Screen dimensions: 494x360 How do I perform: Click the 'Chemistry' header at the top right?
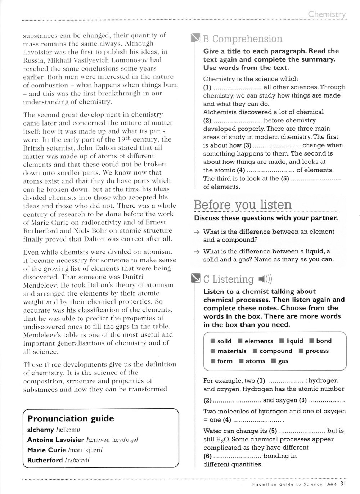327,14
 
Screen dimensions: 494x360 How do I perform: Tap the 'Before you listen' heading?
243,205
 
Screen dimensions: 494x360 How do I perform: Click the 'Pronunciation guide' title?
71,418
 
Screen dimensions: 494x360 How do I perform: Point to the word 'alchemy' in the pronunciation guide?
40,430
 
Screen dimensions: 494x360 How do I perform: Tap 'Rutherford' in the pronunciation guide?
45,460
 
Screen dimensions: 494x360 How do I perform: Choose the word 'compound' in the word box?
276,351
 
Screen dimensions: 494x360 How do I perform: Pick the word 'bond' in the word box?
324,341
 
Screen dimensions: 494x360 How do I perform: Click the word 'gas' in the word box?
283,361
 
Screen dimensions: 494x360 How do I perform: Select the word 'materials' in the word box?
232,351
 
